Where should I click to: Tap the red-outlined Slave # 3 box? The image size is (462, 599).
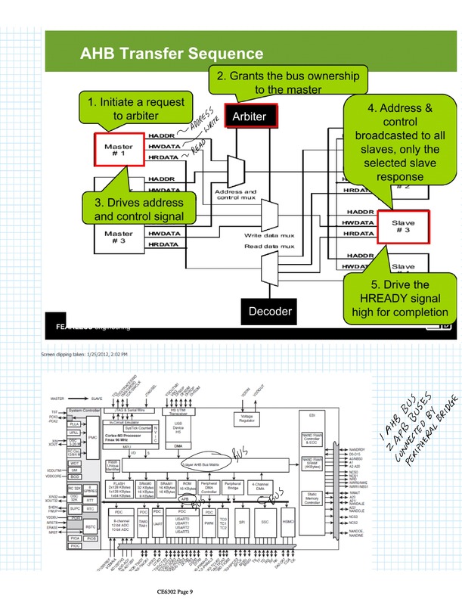click(x=403, y=228)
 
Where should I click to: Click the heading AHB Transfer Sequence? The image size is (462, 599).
click(x=172, y=54)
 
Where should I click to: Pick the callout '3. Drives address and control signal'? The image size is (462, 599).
click(x=139, y=210)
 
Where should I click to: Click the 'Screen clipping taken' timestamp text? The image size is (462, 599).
click(x=84, y=354)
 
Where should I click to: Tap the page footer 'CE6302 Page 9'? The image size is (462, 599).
click(x=170, y=591)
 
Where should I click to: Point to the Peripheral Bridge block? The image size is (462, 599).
click(x=234, y=486)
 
